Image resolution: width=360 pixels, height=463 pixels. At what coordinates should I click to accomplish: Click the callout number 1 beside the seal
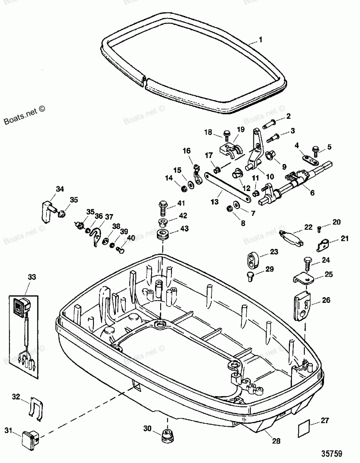point(260,40)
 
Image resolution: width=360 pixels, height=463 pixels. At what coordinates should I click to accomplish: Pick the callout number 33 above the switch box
point(32,277)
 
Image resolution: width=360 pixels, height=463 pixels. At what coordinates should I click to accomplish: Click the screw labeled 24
point(307,264)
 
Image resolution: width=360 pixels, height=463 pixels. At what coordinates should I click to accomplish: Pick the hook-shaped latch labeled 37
point(96,236)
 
